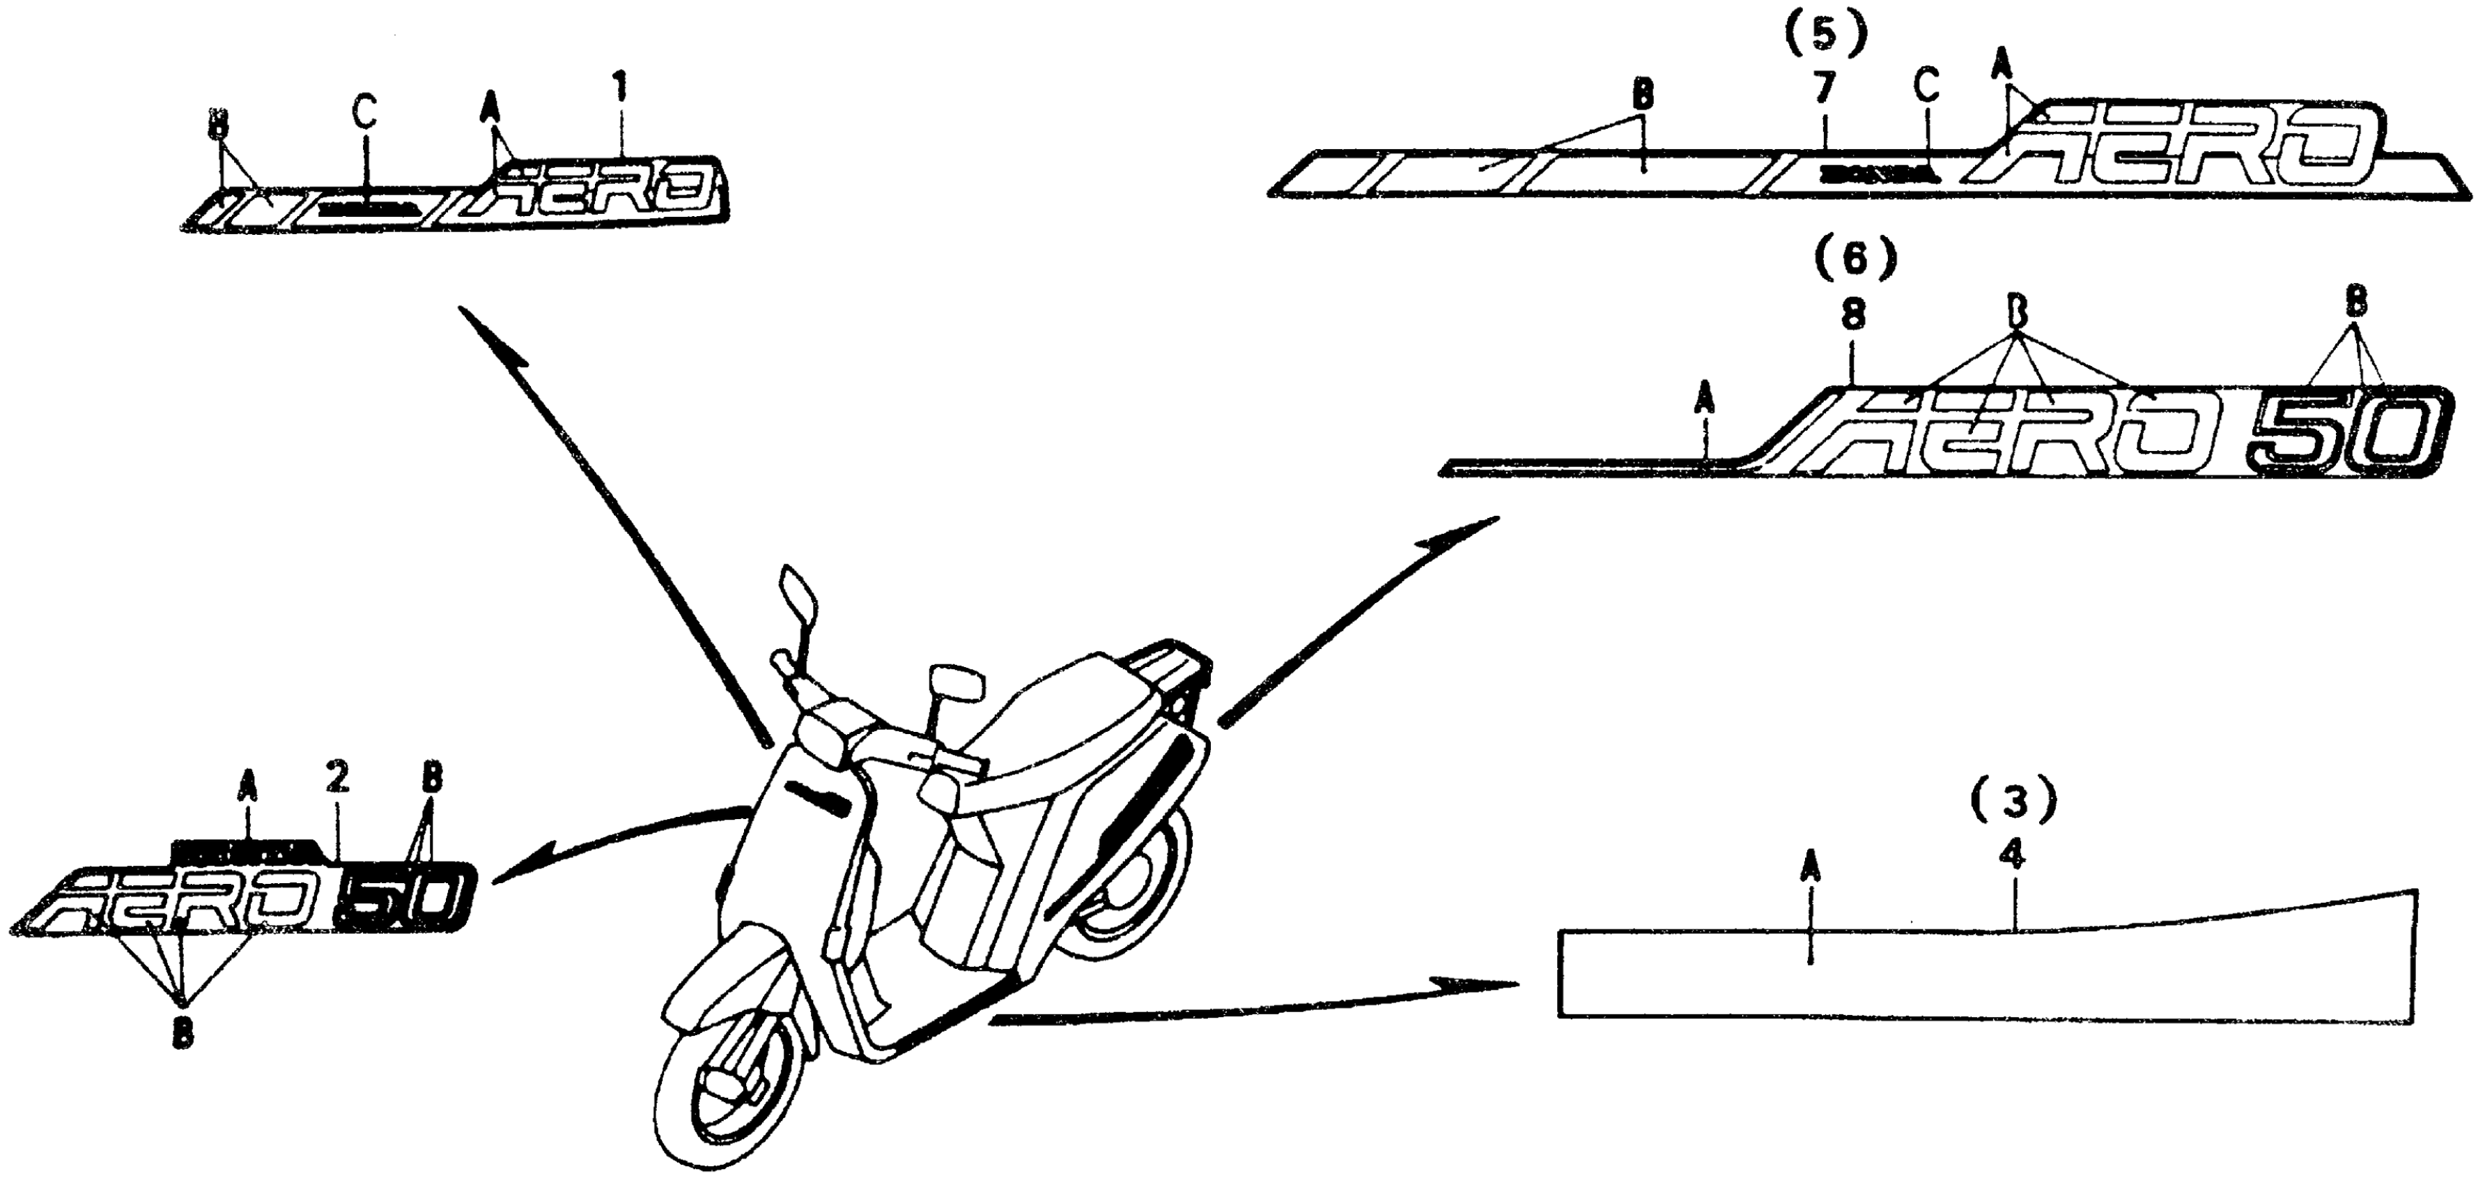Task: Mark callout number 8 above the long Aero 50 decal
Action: click(1853, 316)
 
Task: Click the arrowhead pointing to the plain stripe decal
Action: click(1490, 984)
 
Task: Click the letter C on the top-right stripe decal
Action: click(1926, 86)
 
